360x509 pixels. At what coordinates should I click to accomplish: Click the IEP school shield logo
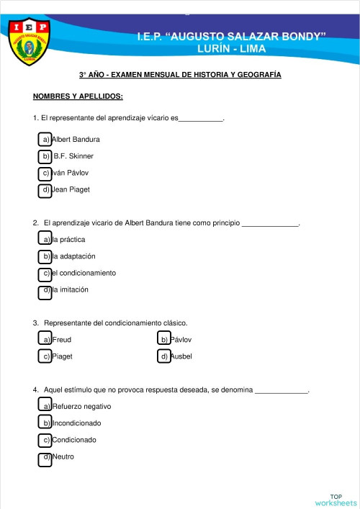click(30, 41)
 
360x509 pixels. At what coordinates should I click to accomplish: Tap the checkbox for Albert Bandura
click(45, 139)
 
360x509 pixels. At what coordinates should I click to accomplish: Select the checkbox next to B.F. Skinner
click(45, 156)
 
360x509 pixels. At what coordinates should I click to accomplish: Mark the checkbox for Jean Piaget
click(45, 191)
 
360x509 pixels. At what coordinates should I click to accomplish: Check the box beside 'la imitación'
click(45, 291)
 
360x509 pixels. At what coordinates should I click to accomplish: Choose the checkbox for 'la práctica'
click(45, 239)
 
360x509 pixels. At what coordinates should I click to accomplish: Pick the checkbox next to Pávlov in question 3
click(163, 339)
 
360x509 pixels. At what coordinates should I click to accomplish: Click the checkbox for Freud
click(45, 339)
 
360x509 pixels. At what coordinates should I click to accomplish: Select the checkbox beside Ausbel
click(163, 356)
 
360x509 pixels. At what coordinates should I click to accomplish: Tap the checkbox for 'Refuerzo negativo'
click(45, 407)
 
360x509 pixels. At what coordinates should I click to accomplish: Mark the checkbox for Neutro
click(45, 458)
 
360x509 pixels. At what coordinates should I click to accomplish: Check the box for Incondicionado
click(45, 423)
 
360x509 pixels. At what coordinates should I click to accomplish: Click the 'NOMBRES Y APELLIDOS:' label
click(78, 96)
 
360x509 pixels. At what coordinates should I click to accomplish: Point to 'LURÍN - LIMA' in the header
click(231, 49)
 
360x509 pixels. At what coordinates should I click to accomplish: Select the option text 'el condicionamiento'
click(84, 274)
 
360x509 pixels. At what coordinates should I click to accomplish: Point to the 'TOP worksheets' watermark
click(336, 500)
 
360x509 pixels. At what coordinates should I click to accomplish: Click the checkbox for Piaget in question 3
click(45, 356)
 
